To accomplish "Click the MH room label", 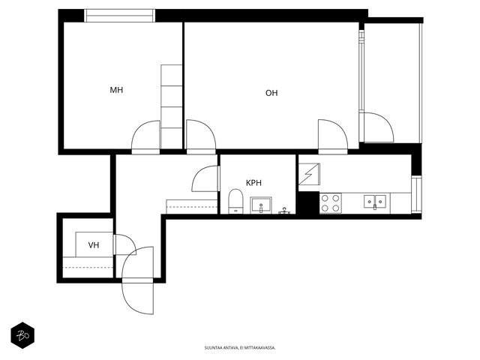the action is pyautogui.click(x=116, y=90).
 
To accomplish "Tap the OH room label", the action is pyautogui.click(x=271, y=93).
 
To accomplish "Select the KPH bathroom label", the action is pyautogui.click(x=253, y=183).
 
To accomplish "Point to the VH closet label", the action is pyautogui.click(x=94, y=245).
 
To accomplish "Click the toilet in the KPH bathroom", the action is pyautogui.click(x=235, y=201).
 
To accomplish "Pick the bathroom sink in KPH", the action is pyautogui.click(x=261, y=205).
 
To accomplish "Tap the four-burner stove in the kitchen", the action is pyautogui.click(x=331, y=203).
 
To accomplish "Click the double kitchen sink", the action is pyautogui.click(x=375, y=202).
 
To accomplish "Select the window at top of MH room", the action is pyautogui.click(x=119, y=16).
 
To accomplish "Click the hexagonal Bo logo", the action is pyautogui.click(x=22, y=335).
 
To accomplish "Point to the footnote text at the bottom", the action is pyautogui.click(x=240, y=348).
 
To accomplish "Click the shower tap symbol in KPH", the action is pyautogui.click(x=284, y=211).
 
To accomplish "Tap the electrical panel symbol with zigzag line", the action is pyautogui.click(x=309, y=174).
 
